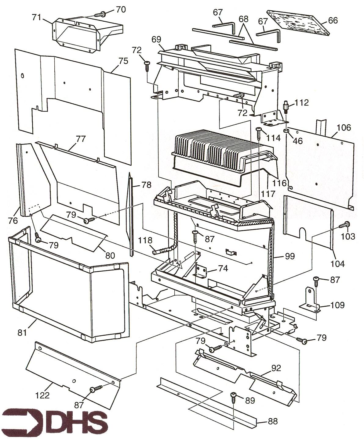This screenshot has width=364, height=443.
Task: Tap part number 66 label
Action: tap(333, 20)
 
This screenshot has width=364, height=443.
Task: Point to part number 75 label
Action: tap(123, 61)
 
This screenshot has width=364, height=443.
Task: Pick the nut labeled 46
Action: tap(286, 131)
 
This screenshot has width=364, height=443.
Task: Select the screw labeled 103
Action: tap(346, 225)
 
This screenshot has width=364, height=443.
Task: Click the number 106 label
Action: tap(344, 127)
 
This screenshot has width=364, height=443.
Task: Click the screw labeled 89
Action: tap(234, 396)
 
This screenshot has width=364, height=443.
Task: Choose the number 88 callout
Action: tap(273, 421)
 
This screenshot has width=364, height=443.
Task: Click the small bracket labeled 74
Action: tap(201, 271)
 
